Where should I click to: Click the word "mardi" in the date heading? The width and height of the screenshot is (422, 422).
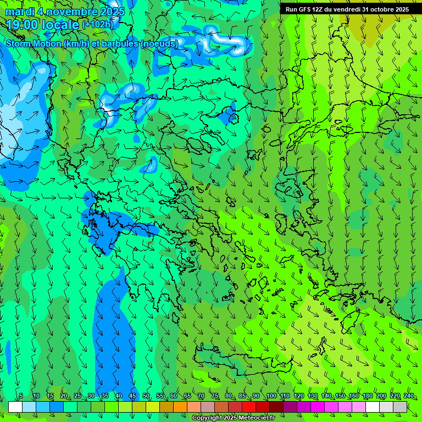(20, 12)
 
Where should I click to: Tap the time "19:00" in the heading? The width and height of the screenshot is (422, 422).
(23, 24)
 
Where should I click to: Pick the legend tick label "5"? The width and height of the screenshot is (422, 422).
(21, 396)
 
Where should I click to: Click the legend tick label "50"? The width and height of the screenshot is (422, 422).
(146, 396)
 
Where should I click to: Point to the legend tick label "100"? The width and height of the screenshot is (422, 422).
(271, 396)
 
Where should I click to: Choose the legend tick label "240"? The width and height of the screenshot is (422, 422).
(408, 396)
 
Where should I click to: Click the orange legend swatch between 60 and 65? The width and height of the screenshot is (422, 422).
(180, 407)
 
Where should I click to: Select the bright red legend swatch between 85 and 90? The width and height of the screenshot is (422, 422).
(249, 407)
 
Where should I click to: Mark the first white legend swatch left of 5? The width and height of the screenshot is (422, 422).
(15, 407)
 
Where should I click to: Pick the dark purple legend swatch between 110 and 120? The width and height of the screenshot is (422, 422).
(290, 407)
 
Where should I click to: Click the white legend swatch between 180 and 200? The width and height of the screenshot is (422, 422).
(373, 407)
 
